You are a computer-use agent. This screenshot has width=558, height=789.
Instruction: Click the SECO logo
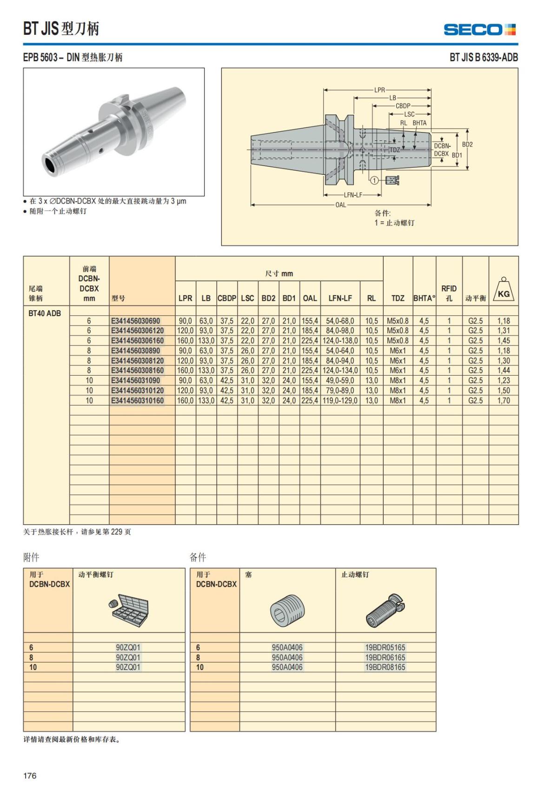(x=479, y=30)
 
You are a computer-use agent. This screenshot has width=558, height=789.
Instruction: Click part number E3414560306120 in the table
(x=137, y=331)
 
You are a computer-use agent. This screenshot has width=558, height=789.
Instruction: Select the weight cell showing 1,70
(x=503, y=400)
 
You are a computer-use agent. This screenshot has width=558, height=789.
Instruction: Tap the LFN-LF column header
(x=340, y=298)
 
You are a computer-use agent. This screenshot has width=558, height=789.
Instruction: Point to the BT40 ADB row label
(x=45, y=313)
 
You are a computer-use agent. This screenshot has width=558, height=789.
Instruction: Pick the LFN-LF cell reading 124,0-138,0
(x=340, y=341)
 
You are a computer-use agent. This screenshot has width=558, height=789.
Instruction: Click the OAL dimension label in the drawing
(x=340, y=205)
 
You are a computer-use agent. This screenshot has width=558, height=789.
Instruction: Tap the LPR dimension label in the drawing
(x=379, y=90)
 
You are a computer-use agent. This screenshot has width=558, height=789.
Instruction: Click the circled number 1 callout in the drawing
(x=374, y=180)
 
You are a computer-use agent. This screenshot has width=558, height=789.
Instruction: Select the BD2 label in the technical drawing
(x=467, y=145)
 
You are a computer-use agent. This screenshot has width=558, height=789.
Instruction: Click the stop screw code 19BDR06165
(x=385, y=657)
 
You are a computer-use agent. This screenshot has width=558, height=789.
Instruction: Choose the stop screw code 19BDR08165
(x=385, y=667)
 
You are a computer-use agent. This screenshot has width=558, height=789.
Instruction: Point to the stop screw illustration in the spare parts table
(x=385, y=610)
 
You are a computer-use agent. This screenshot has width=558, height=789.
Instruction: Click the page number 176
(x=30, y=776)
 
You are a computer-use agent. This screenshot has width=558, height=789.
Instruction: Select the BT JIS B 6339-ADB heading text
(x=483, y=57)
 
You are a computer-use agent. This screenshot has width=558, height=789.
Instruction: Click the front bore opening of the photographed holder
(x=50, y=164)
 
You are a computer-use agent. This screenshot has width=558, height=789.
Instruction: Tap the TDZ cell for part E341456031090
(x=398, y=380)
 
